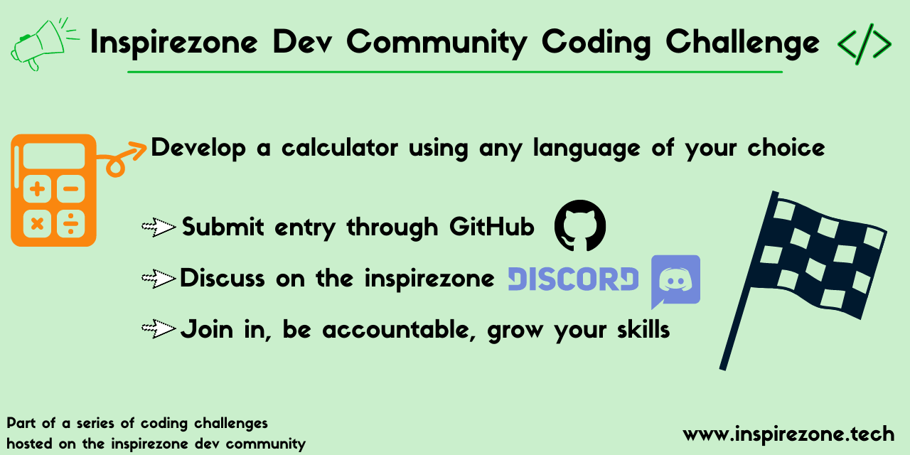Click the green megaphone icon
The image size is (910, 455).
[41, 45]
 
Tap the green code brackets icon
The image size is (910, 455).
[864, 44]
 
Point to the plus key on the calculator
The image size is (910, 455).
[38, 189]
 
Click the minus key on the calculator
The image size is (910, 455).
[70, 189]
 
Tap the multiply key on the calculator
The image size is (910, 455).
[38, 223]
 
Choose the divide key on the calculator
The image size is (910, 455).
[70, 223]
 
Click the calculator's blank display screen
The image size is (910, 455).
[54, 156]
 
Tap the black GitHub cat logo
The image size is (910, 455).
[580, 225]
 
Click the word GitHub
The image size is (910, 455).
[492, 227]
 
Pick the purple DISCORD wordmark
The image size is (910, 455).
[573, 279]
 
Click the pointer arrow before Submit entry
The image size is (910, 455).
[159, 227]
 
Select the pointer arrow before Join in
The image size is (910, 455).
[159, 328]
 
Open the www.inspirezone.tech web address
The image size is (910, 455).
[788, 434]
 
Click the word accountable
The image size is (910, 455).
[399, 329]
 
